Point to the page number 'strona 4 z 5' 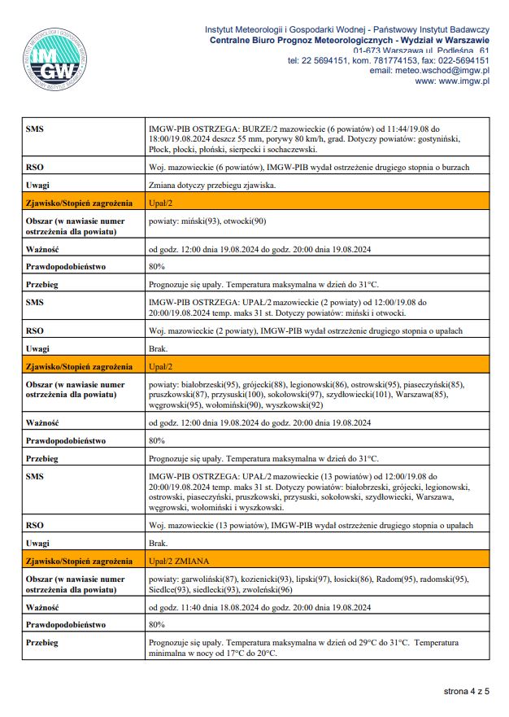click(466, 692)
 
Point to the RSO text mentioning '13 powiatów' click(311, 526)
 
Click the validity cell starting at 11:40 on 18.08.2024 click(260, 607)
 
